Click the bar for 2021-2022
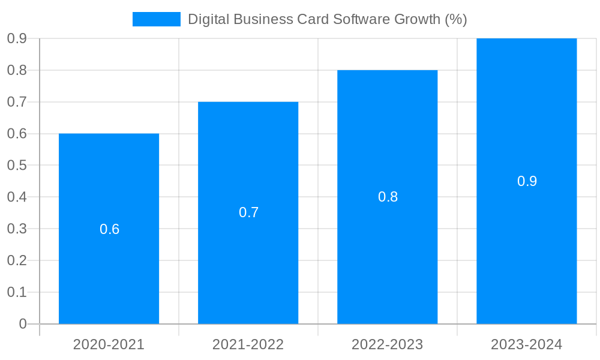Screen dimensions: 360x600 point(248,264)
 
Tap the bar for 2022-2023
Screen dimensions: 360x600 point(387,252)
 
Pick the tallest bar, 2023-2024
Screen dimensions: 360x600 point(526,240)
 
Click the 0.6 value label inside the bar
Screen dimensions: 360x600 point(109,229)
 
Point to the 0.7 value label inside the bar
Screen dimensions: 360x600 point(248,212)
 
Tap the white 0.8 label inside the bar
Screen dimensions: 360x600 point(388,197)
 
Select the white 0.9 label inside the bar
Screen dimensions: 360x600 point(527,181)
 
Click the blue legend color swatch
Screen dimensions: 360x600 point(156,19)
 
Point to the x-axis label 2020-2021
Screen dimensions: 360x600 point(109,344)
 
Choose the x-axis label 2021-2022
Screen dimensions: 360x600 point(248,344)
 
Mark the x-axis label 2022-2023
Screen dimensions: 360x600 point(387,344)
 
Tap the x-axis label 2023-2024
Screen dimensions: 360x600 point(526,344)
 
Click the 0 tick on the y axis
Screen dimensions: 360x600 point(23,324)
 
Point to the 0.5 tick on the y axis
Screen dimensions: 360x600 point(17,165)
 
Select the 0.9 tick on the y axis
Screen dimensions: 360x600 point(17,38)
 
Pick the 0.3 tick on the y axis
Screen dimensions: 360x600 point(17,229)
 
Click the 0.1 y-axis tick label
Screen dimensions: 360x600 point(17,292)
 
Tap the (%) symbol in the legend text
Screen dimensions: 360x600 point(455,19)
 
